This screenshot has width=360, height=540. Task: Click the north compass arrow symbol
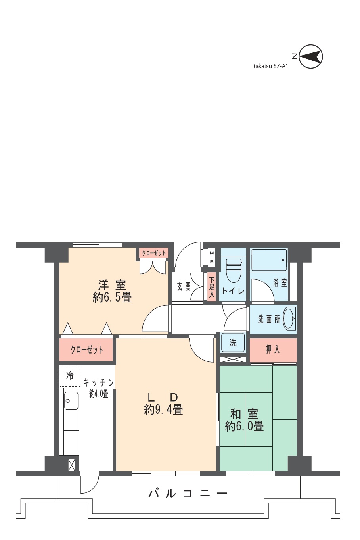[310, 57]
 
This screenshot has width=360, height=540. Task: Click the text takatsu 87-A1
[271, 66]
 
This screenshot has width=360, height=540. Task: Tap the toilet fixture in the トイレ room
[234, 270]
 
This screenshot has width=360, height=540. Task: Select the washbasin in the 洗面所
[289, 319]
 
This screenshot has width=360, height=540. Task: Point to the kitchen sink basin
[71, 401]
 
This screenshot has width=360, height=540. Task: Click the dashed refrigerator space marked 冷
[70, 376]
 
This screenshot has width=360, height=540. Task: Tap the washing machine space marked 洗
[233, 342]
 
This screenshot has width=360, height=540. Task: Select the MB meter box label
[212, 257]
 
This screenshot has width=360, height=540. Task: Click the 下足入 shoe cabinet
[211, 287]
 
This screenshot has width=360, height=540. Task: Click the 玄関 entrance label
[184, 286]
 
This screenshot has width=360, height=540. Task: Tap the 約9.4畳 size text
[163, 409]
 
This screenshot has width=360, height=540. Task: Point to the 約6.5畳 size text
[112, 297]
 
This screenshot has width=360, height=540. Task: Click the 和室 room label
[244, 414]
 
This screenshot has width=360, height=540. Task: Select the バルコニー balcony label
[188, 494]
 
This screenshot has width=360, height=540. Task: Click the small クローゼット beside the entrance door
[154, 253]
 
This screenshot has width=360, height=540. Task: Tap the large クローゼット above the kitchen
[86, 350]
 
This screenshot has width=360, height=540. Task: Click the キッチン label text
[99, 382]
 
